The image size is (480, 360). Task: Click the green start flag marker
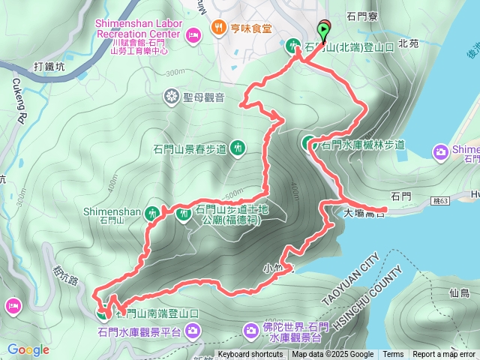pos(324,31)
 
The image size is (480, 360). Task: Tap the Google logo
pos(28,349)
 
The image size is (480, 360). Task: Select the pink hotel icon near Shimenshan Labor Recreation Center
pos(193,34)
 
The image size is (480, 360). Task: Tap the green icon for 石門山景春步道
pos(238,148)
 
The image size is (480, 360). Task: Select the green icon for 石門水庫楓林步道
pos(309,142)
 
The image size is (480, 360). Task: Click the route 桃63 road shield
pos(442,201)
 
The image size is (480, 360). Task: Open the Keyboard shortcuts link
pos(250,355)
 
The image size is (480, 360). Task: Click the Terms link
pos(393,355)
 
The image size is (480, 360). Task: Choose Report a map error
pos(444,355)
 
